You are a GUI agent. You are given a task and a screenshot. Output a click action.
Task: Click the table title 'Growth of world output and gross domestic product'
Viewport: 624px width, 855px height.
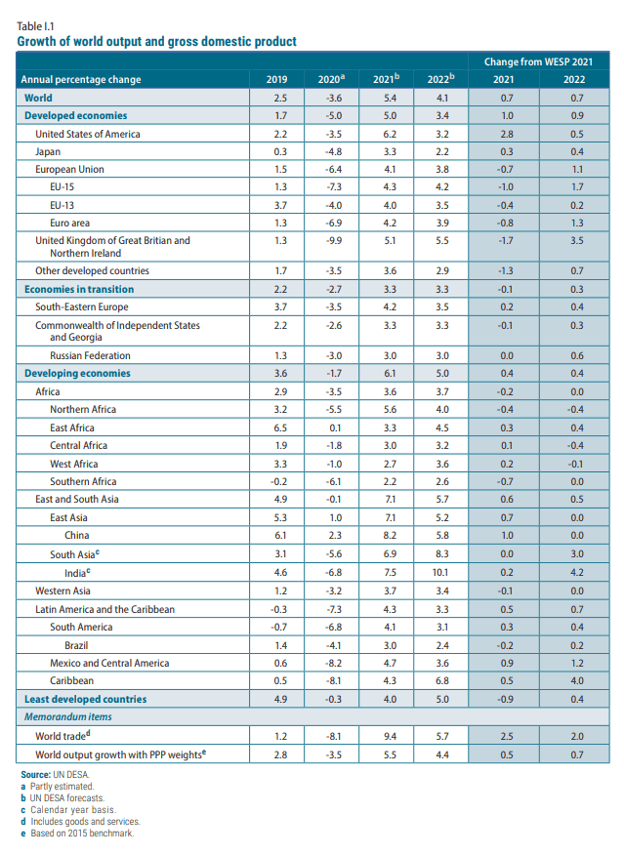tap(157, 42)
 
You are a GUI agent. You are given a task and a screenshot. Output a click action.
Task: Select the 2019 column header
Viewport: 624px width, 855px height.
tap(280, 80)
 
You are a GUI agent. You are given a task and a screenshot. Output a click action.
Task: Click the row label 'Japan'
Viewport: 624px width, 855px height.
tap(48, 151)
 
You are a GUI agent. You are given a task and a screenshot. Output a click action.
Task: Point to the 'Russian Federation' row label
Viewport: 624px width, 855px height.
tap(90, 355)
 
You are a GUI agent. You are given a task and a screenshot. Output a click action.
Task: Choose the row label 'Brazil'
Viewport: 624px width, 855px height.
tap(77, 645)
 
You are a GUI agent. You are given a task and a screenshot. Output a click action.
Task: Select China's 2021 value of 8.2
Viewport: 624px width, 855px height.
tap(389, 536)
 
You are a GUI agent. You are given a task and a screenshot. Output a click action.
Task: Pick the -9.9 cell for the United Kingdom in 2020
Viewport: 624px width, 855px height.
tap(334, 241)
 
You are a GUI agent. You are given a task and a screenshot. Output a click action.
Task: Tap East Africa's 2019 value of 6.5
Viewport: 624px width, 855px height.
tap(280, 427)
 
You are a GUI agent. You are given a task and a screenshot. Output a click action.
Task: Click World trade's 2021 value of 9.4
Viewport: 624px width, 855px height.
tap(389, 736)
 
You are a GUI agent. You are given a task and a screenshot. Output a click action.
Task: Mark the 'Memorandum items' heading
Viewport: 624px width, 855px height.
tap(68, 717)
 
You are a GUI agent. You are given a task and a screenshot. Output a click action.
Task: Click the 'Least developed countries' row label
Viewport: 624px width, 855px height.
tap(86, 699)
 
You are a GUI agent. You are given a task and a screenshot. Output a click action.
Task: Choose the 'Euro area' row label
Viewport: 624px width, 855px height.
tap(70, 224)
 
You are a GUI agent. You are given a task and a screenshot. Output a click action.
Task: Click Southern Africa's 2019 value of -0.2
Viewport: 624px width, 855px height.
tap(280, 482)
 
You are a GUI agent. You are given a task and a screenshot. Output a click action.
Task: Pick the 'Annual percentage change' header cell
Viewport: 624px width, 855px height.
tap(82, 80)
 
